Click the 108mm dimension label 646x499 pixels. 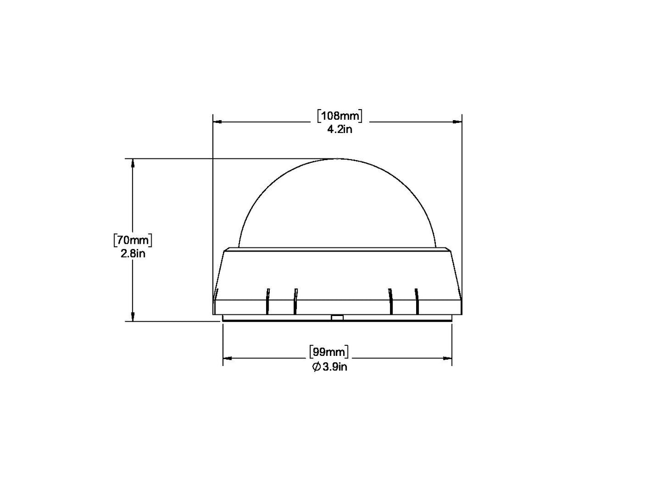(339, 115)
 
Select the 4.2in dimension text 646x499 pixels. (339, 129)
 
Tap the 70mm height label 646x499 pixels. (133, 240)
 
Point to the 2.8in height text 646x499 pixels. (133, 253)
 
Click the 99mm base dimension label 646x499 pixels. (329, 352)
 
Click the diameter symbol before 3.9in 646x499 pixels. (316, 367)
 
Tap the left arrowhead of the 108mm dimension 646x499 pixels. (217, 122)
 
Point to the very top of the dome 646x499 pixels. (337, 159)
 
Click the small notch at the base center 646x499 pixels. (337, 318)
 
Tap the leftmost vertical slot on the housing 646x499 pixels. (268, 301)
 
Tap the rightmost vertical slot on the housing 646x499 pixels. (417, 301)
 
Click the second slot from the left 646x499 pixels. (295, 301)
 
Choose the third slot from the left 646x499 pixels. (391, 301)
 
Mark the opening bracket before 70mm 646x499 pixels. (115, 240)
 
